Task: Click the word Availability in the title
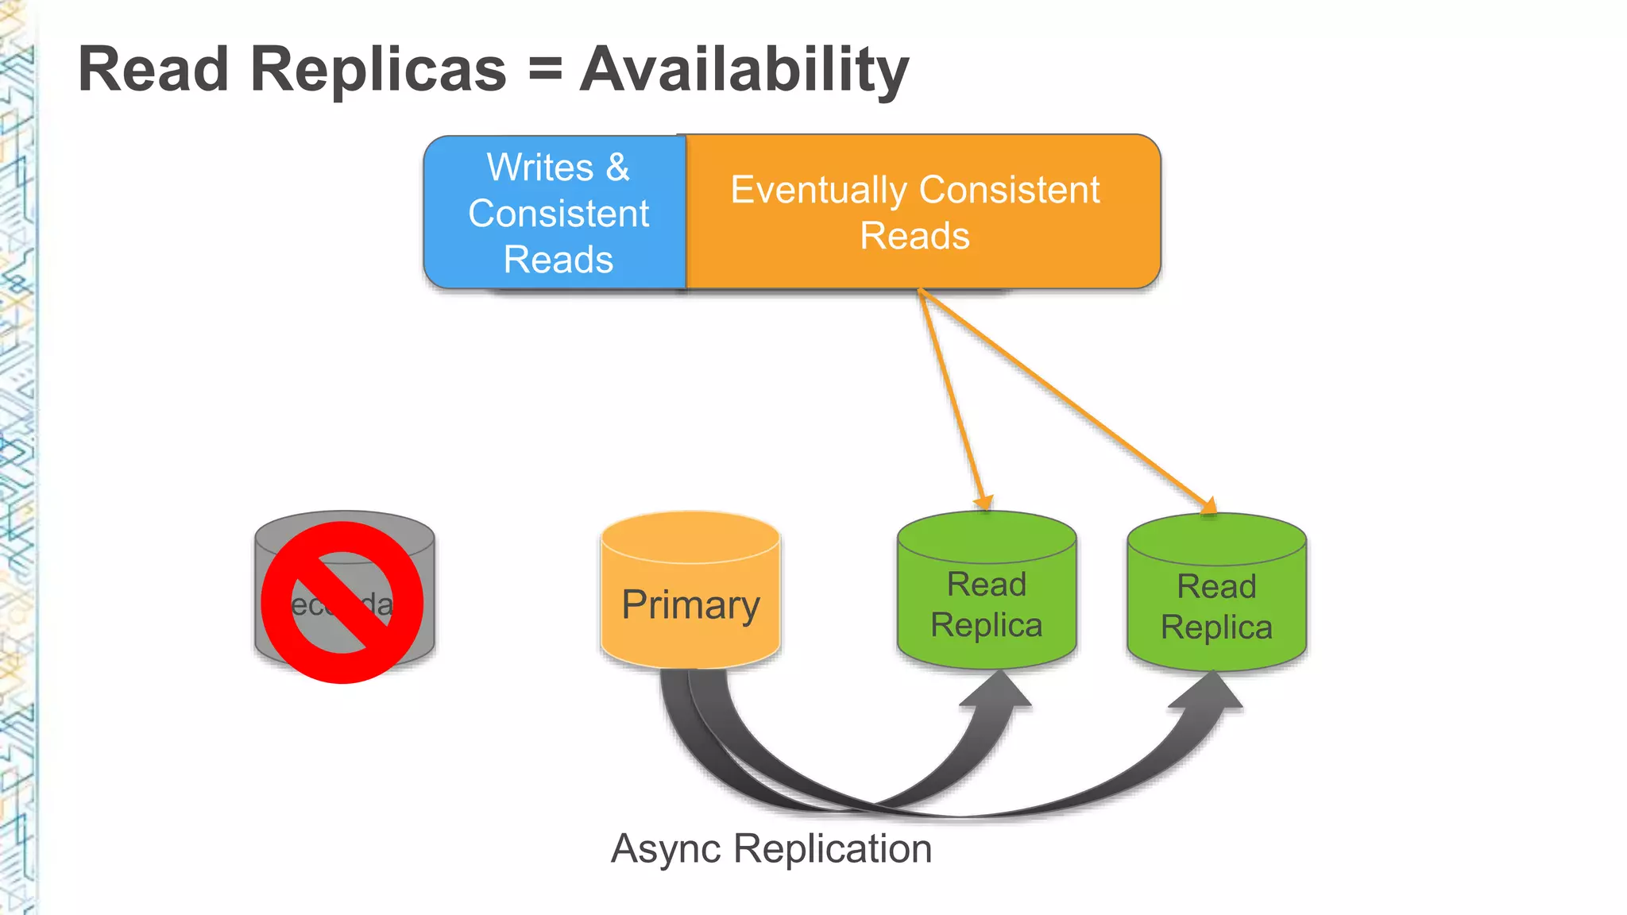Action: coord(744,70)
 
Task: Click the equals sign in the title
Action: coord(545,70)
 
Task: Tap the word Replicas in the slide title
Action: coord(378,70)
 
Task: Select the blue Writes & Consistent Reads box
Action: coord(556,213)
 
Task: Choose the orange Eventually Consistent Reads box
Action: coord(922,212)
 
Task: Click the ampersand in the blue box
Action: coord(618,168)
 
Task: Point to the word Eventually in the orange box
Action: coord(819,191)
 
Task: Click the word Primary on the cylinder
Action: coord(690,605)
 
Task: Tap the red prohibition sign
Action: coord(342,602)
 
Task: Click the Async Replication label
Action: coord(771,848)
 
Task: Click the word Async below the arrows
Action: coord(667,848)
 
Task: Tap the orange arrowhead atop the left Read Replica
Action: coord(984,502)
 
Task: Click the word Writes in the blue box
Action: coord(540,168)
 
